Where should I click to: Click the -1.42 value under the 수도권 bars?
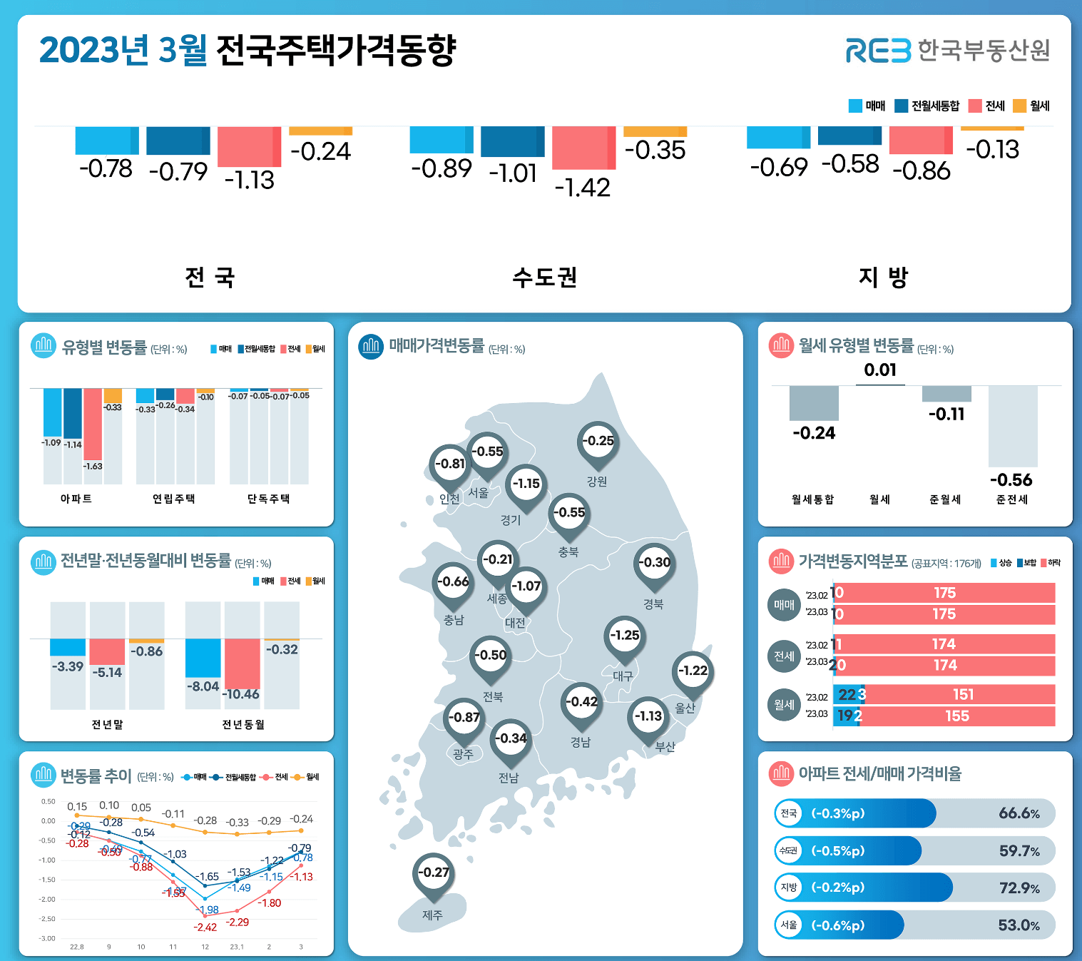(583, 188)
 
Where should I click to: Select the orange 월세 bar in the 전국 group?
(320, 131)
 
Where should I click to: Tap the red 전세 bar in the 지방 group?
(921, 141)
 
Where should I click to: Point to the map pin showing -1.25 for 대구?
(625, 636)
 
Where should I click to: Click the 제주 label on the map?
(432, 915)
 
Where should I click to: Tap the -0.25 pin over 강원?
(598, 441)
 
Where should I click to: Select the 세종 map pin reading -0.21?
(498, 560)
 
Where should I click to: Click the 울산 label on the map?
(685, 708)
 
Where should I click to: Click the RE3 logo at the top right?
(878, 51)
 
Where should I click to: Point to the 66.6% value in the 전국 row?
(1019, 813)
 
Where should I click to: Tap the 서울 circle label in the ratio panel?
(788, 925)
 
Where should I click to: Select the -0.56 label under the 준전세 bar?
(1011, 479)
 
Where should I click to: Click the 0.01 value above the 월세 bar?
(879, 370)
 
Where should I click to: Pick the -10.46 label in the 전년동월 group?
(242, 693)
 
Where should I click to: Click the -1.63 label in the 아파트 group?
(93, 466)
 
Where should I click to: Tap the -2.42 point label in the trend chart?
(205, 927)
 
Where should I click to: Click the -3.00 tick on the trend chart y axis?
(47, 938)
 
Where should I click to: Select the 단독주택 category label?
(268, 499)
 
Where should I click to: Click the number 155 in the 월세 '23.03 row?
(956, 716)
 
